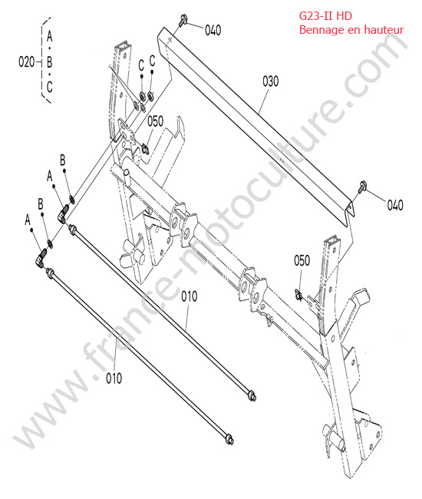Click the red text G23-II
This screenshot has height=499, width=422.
coord(316,15)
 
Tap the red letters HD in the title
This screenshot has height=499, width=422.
coord(345,15)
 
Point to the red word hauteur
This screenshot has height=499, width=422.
coord(384,30)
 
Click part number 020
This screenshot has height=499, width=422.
coord(26,61)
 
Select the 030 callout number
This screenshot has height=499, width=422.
coord(270,81)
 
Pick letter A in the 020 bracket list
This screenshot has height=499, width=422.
coord(49,36)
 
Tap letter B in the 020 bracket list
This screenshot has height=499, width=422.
coord(49,61)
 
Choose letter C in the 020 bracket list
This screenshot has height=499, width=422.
coord(49,87)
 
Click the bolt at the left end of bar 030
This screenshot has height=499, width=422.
coord(182,20)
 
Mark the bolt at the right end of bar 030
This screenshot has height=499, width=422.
coord(362,187)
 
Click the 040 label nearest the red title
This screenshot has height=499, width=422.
coord(213,30)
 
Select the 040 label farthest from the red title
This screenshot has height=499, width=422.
coord(395,205)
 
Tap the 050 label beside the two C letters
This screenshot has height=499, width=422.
coord(155,121)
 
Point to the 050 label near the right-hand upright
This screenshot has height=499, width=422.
coord(302,261)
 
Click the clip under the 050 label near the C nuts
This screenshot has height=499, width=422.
coord(145,148)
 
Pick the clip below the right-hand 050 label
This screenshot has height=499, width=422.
coord(298,295)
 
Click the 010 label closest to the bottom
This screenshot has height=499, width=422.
coord(114,378)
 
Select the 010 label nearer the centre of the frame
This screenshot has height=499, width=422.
coord(190,296)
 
